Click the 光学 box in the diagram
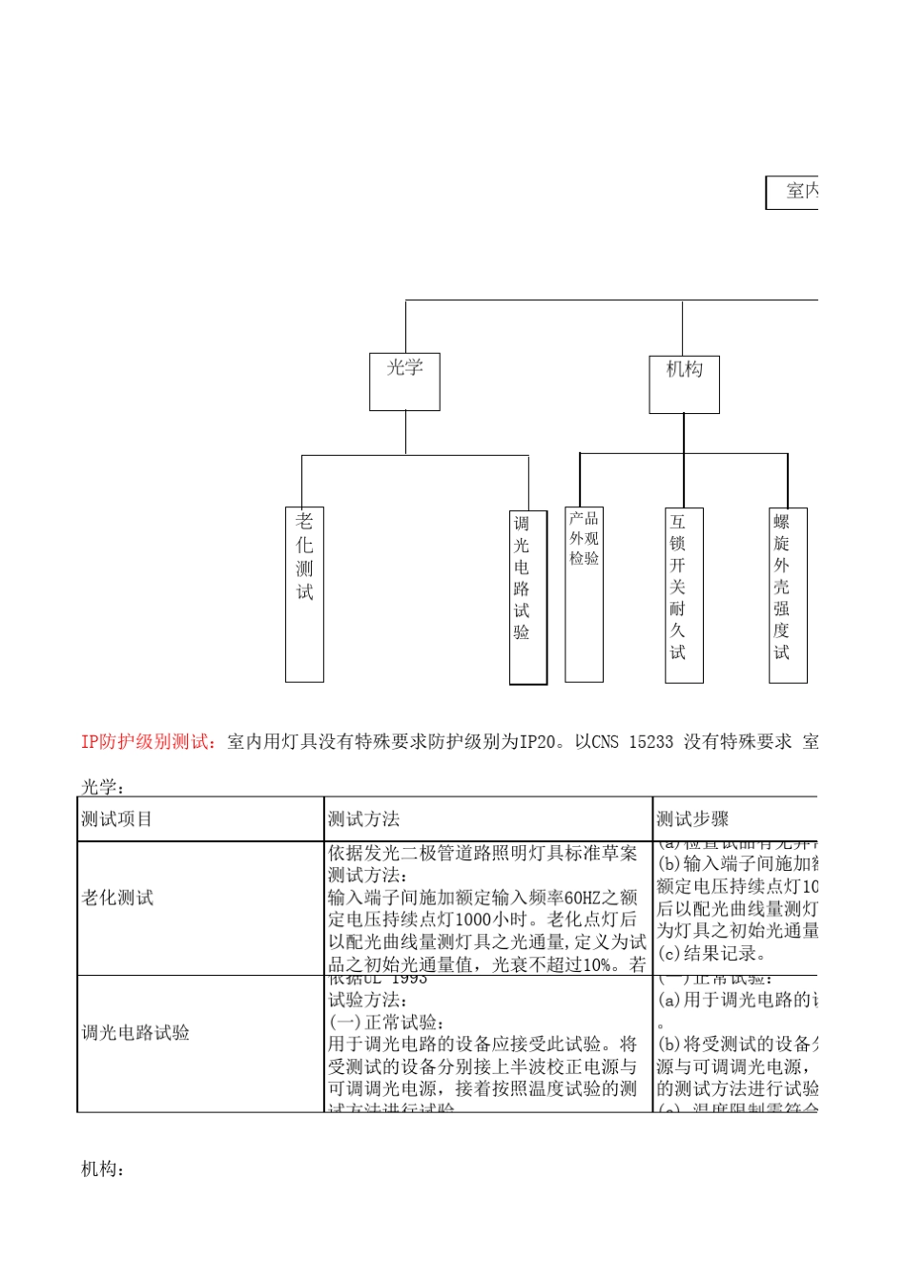coord(404,382)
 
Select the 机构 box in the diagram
coord(684,384)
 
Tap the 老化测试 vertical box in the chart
coord(304,593)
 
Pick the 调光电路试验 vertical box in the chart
coord(527,597)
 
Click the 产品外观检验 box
coord(584,594)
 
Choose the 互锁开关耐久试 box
coord(684,594)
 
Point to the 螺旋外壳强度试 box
coord(788,594)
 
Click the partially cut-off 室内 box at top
coord(793,192)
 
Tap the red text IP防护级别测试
coord(149,741)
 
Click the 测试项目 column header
coord(116,819)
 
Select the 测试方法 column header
coord(363,819)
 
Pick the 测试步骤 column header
coord(692,819)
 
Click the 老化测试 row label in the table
coord(117,898)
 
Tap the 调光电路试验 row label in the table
coord(135,1033)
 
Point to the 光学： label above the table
coord(103,787)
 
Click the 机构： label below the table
coord(103,1168)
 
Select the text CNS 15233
coord(632,741)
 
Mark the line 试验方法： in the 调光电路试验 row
coord(367,1000)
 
